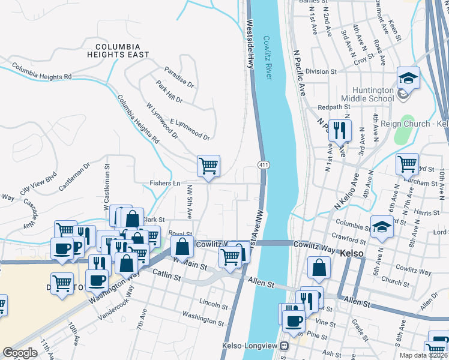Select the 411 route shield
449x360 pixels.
[263, 164]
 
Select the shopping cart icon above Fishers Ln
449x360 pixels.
[208, 166]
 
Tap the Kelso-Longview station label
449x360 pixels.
[251, 346]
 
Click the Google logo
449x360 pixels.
[20, 353]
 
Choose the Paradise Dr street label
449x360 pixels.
[179, 77]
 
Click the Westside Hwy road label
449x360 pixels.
[250, 46]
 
